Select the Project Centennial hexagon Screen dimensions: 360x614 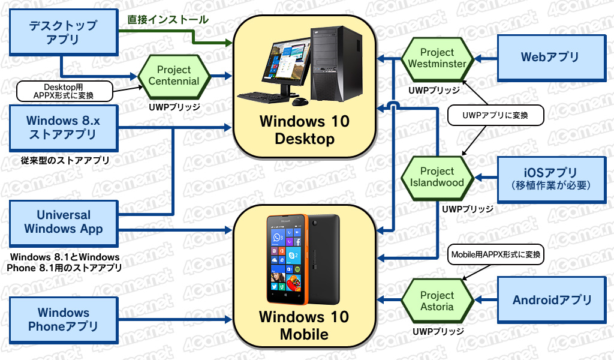coord(173,76)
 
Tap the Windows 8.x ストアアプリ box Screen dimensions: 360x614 coord(63,127)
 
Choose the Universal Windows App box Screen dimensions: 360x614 coord(64,221)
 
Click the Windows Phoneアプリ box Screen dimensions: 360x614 coord(63,319)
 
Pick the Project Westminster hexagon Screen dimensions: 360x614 coord(437,58)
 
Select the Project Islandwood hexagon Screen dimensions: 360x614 coord(437,177)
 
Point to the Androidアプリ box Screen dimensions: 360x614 coord(552,300)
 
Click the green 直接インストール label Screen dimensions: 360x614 coord(168,20)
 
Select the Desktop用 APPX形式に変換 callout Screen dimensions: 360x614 coord(65,91)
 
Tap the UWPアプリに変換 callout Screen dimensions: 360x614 coord(495,115)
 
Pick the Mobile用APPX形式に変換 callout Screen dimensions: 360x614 coord(495,254)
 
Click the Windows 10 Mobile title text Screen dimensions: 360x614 coord(304,325)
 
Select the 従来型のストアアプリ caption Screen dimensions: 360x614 coord(65,160)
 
